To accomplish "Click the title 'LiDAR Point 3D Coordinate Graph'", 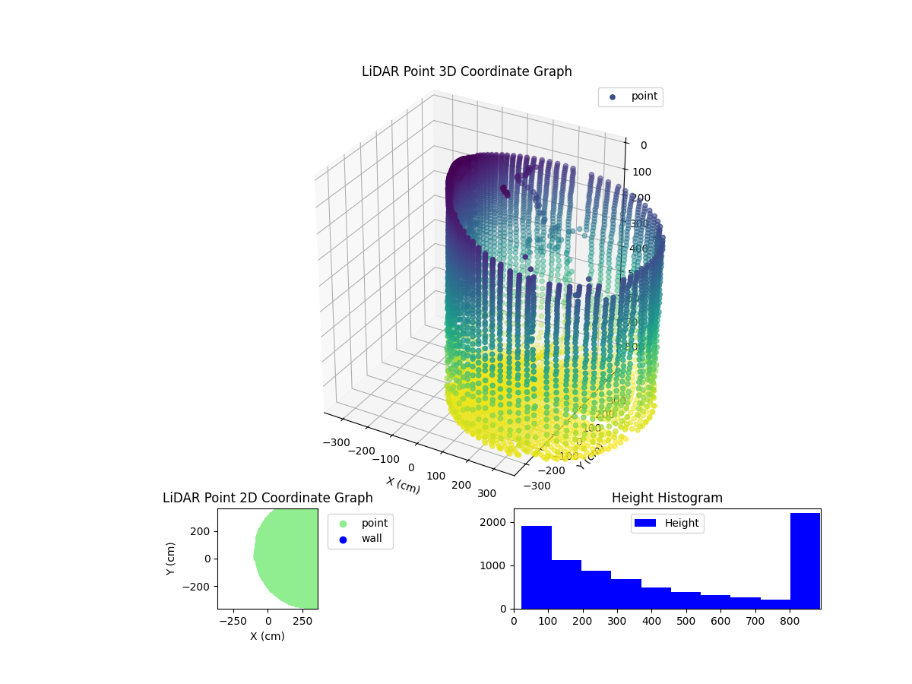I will tap(467, 71).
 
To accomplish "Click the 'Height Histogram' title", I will tap(667, 498).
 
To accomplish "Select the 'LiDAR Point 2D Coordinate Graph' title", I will tap(268, 498).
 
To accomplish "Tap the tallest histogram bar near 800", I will tap(805, 561).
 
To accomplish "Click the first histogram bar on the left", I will tap(536, 567).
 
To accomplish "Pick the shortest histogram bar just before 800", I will tap(774, 603).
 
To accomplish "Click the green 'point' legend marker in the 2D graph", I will tap(343, 524).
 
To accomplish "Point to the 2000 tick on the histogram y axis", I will tap(499, 522).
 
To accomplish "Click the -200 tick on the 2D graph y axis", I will tap(199, 587).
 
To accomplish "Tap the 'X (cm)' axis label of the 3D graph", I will tap(403, 485).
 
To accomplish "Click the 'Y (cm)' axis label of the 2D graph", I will tap(171, 558).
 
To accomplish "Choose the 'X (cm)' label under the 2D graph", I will tap(268, 636).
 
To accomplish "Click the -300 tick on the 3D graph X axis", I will tap(335, 442).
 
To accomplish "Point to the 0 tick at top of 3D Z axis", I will tap(643, 145).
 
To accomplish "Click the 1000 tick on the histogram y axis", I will tap(499, 565).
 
